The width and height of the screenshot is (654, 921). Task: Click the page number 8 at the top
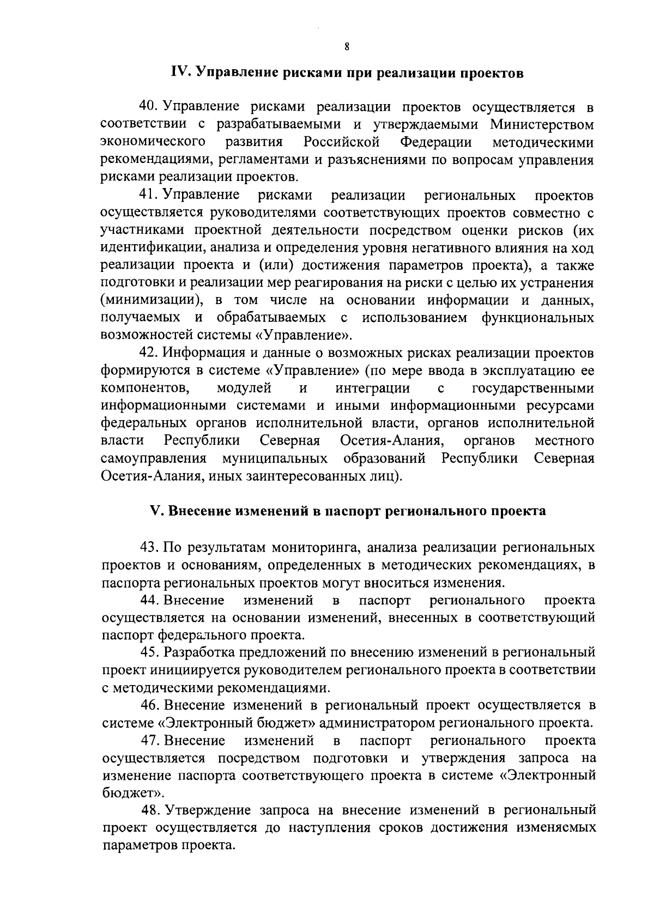point(347,47)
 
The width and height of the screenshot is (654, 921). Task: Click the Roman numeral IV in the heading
point(180,73)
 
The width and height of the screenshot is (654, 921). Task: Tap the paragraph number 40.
point(148,107)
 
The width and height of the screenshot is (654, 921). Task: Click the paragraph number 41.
point(148,195)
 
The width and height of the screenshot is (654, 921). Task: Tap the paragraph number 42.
point(148,353)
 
